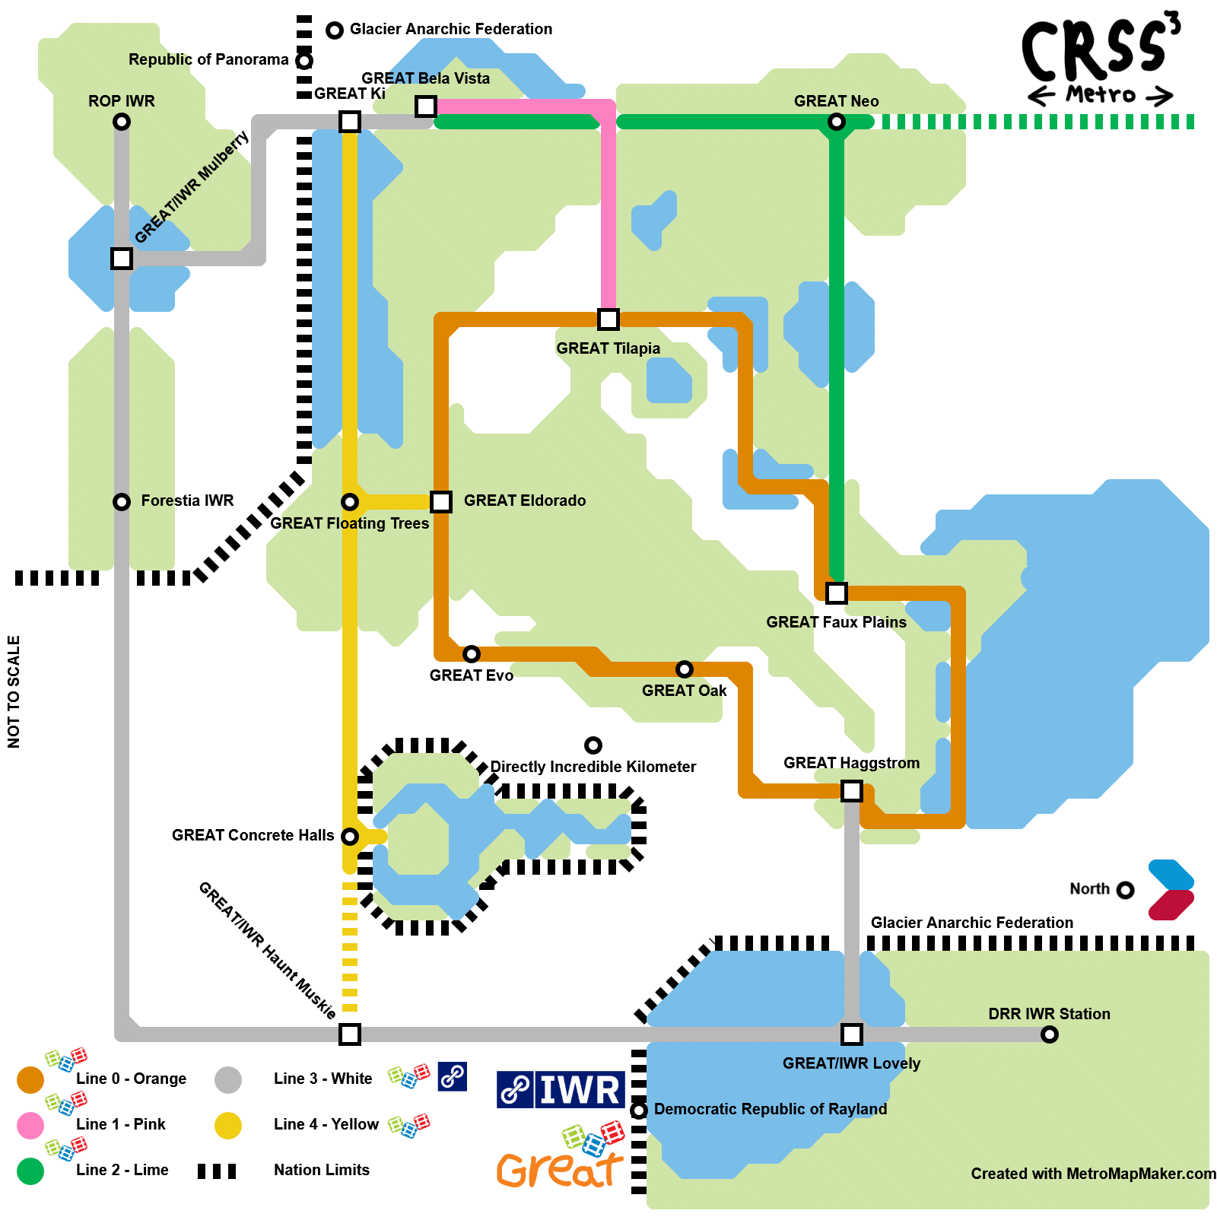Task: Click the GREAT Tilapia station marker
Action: click(608, 319)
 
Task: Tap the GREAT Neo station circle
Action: click(837, 122)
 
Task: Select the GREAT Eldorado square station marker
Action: click(441, 502)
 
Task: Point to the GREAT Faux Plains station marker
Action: click(837, 593)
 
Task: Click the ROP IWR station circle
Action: click(122, 122)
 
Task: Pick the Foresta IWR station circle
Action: click(122, 502)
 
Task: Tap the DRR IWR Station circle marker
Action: click(1050, 1034)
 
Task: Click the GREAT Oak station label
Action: click(685, 691)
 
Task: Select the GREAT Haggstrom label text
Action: click(852, 763)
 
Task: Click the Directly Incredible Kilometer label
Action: click(593, 767)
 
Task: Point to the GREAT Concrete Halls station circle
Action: click(350, 837)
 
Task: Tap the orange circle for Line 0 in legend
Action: click(30, 1080)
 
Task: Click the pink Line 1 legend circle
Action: click(30, 1126)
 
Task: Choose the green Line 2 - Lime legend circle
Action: click(30, 1171)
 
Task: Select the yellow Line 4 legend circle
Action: click(228, 1126)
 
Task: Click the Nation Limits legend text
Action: click(322, 1170)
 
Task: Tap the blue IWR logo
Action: click(561, 1090)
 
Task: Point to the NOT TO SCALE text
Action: click(14, 692)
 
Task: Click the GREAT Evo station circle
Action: click(472, 654)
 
